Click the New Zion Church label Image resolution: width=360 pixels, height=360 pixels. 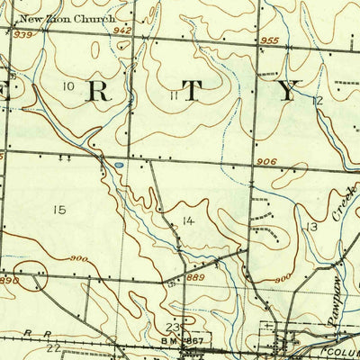[53, 19]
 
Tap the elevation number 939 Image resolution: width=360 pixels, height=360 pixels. [22, 34]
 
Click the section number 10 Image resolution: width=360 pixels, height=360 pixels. [68, 85]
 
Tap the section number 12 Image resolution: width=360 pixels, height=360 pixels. [317, 101]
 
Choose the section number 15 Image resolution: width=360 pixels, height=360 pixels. [59, 210]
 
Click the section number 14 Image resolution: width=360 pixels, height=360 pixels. [188, 220]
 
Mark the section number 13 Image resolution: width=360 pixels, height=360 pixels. [311, 227]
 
